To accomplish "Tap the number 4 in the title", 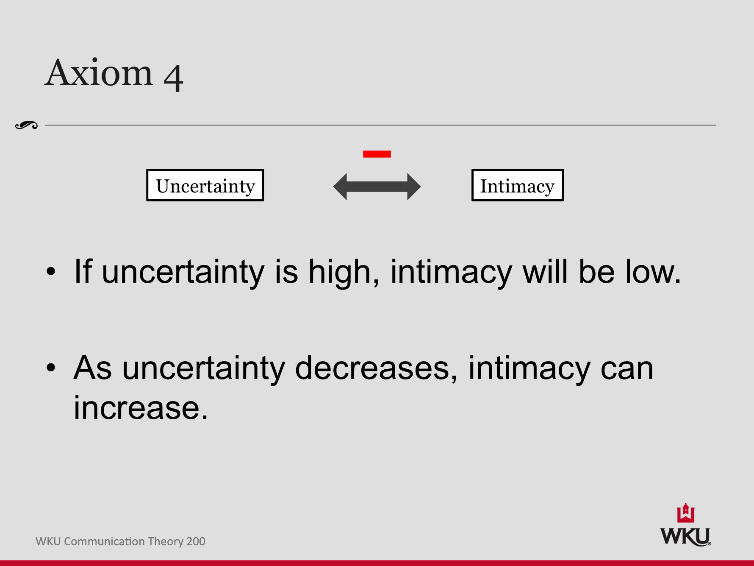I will (173, 78).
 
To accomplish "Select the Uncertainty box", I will (205, 185).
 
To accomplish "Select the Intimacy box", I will (517, 185).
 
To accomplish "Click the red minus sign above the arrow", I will (377, 154).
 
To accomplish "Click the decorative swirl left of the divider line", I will (26, 125).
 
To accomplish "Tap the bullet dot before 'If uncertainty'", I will (51, 272).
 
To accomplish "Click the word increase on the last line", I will (141, 408).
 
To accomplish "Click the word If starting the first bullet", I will (83, 271).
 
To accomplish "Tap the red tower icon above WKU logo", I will (685, 513).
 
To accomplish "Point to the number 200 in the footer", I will (196, 541).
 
